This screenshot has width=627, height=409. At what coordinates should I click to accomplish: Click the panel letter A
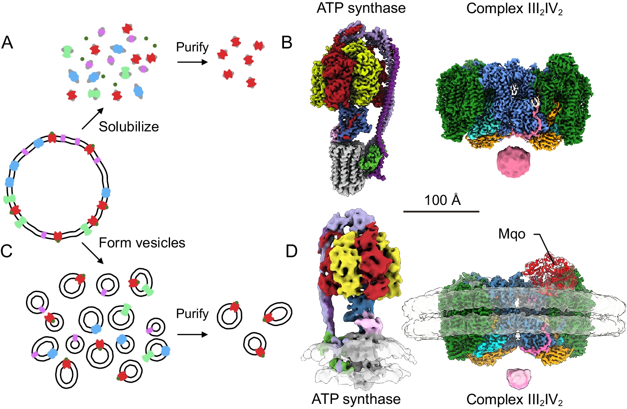click(x=7, y=43)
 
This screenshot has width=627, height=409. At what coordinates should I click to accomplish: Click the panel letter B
click(x=287, y=43)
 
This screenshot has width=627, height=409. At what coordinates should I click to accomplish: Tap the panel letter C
click(x=7, y=251)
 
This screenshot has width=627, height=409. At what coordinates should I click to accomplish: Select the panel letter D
click(x=292, y=251)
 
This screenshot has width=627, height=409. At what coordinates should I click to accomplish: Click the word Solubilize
click(x=129, y=127)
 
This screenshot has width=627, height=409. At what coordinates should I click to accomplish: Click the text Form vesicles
click(x=142, y=243)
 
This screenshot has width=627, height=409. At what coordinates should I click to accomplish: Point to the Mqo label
click(x=512, y=234)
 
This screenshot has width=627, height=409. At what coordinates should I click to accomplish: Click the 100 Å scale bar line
click(x=441, y=211)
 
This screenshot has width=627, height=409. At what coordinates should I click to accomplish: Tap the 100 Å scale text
click(x=442, y=200)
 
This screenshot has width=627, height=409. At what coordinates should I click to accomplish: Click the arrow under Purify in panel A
click(x=192, y=62)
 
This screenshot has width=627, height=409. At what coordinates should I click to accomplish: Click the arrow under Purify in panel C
click(x=192, y=334)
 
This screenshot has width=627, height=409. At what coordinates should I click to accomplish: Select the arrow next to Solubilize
click(x=93, y=118)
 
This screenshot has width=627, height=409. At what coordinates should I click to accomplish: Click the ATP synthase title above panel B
click(x=361, y=8)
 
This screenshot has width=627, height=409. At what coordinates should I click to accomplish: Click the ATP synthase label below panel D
click(x=356, y=399)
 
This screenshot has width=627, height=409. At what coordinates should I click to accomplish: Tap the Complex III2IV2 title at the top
click(x=514, y=9)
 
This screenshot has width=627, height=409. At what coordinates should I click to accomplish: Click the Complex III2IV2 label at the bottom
click(x=514, y=400)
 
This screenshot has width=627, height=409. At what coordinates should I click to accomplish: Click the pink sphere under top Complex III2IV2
click(x=514, y=162)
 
